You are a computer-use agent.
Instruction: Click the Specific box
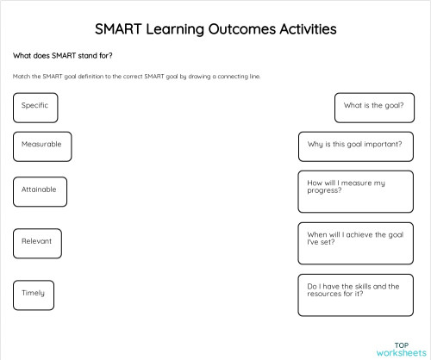point(35,107)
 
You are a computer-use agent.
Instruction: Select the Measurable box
point(41,146)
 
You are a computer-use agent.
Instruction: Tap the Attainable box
point(41,190)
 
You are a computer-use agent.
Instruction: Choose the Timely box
point(34,295)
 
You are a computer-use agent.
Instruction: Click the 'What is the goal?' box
point(373,107)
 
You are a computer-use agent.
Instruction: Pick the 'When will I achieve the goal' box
point(355,242)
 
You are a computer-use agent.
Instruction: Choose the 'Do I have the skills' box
point(355,295)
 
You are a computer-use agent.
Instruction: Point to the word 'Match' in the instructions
point(21,77)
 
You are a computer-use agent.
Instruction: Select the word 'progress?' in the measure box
point(324,190)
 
